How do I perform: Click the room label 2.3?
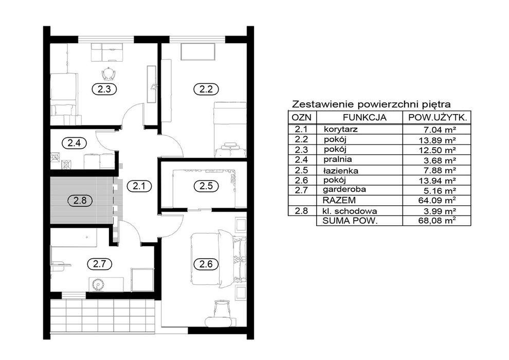coord(104,88)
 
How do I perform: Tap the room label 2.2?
coord(206,88)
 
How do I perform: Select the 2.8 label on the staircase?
coord(80,200)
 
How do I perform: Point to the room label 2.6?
coord(206,264)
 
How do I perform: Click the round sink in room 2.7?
coord(97,285)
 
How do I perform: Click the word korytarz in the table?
coord(340,129)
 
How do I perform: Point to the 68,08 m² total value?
coord(437,221)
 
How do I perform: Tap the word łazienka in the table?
coord(340,170)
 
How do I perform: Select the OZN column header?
coord(301,117)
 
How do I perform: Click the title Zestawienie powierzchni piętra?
coord(371,104)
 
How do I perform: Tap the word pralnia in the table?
coord(338,159)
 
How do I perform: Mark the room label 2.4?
coord(74,142)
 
